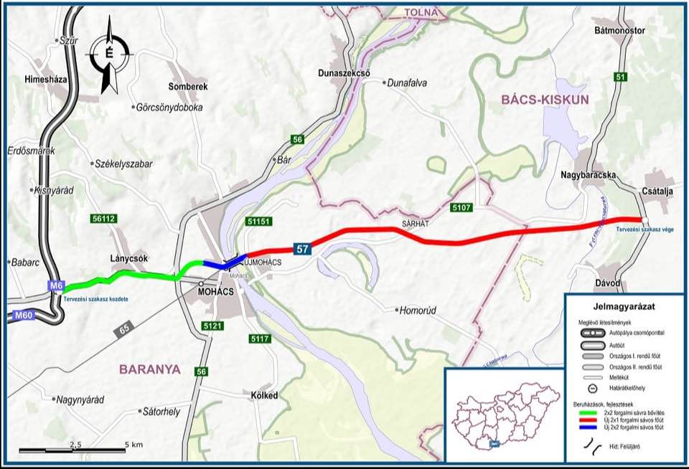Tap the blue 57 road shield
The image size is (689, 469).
tap(303, 248)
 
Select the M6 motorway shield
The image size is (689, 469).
tap(55, 286)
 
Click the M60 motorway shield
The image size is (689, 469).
tap(24, 315)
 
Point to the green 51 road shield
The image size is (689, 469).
tap(621, 77)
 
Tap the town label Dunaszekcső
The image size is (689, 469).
tap(348, 72)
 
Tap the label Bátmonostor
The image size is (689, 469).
tap(620, 31)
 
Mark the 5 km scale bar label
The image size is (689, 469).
tap(133, 445)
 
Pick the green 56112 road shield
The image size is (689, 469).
tap(104, 217)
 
